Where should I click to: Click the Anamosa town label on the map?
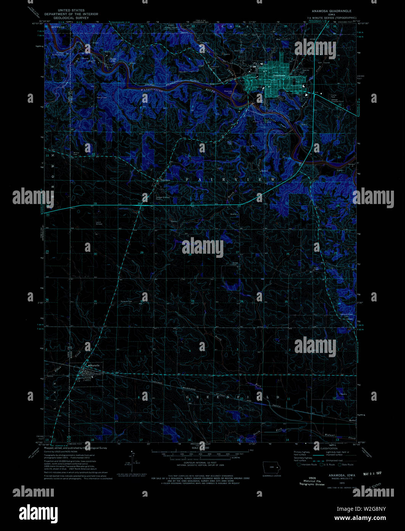[279, 76]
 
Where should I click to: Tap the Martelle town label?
[94, 366]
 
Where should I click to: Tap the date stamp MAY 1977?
[371, 473]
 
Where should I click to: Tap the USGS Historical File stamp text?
[311, 481]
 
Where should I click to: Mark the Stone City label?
[112, 60]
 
